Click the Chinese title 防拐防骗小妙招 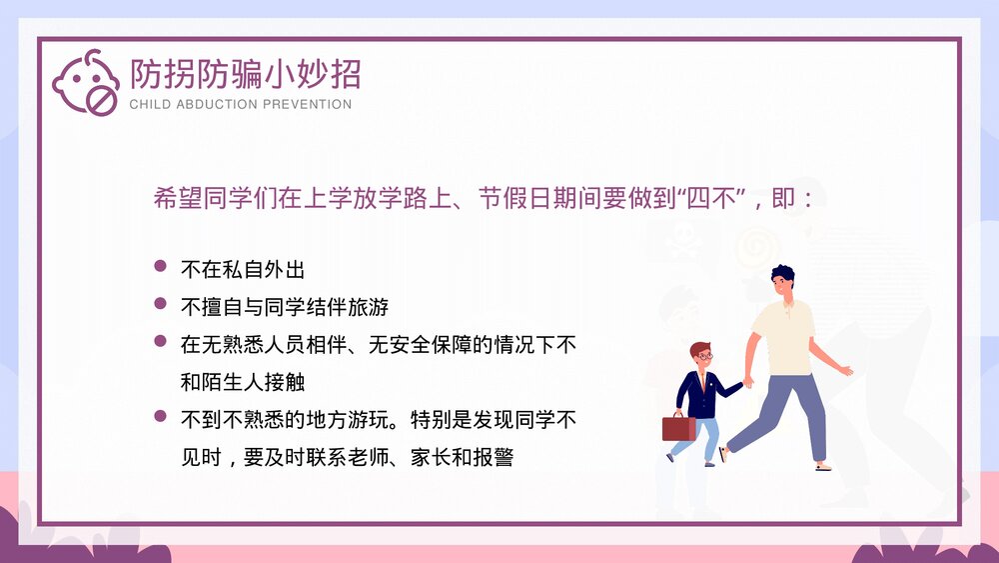point(245,74)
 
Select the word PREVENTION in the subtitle point(307,104)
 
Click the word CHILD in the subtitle point(150,104)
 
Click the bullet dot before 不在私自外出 point(160,267)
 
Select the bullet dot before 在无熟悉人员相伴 point(160,342)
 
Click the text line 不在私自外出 point(242,269)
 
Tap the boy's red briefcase point(678,428)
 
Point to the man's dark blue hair point(782,274)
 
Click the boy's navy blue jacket point(700,392)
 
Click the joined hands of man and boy point(746,381)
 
